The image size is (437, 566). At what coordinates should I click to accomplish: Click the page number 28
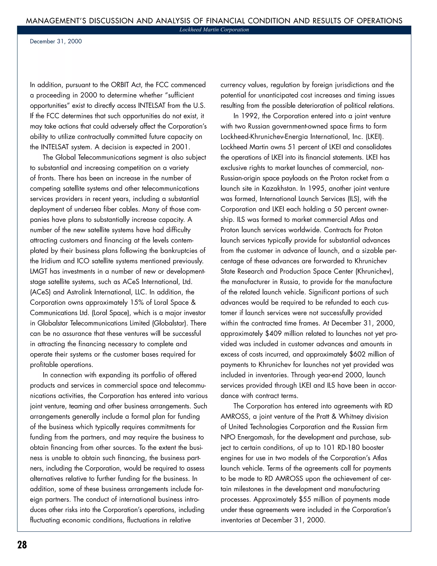[x=22, y=545]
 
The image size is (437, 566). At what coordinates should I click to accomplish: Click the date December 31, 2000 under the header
[x=56, y=41]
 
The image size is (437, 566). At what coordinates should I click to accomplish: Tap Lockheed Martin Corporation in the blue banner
[x=214, y=30]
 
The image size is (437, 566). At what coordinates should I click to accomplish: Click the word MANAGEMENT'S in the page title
[x=56, y=21]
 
